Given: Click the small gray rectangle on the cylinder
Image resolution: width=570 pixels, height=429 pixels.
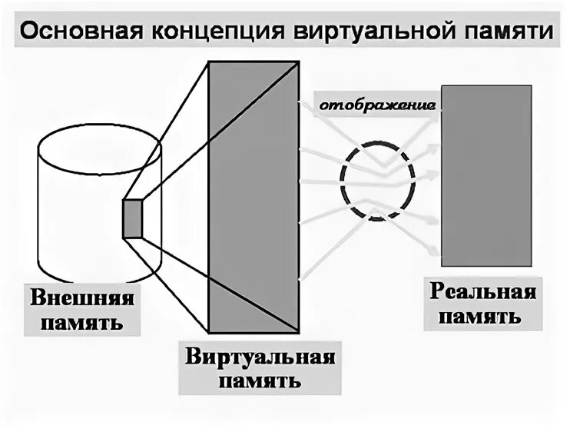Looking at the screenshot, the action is [x=133, y=218].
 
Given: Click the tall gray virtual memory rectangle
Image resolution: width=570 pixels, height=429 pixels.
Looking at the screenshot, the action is [x=253, y=198].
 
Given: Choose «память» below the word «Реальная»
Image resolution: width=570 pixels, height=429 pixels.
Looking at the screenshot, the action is [x=481, y=315].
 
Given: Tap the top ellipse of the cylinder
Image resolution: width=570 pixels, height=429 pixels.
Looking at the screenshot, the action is [x=100, y=145].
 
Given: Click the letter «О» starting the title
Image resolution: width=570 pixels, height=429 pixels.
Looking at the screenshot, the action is [x=28, y=33].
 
